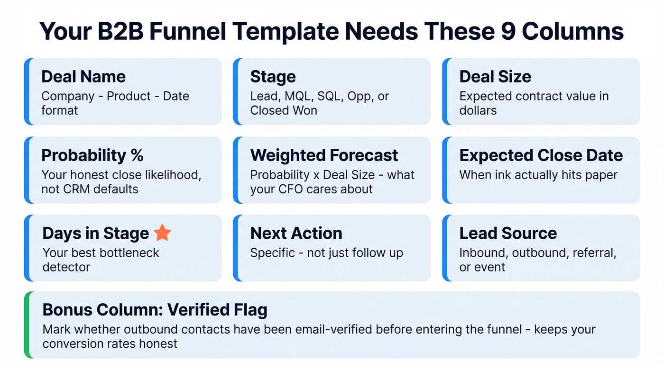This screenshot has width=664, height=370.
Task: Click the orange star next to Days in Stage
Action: (162, 233)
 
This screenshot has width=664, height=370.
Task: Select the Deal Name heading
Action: (83, 77)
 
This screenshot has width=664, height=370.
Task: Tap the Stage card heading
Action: (273, 77)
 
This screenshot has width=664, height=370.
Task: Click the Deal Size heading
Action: (495, 77)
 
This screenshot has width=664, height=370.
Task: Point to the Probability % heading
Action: (92, 155)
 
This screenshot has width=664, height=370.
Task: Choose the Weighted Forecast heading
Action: (324, 155)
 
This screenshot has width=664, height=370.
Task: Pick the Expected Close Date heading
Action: (541, 155)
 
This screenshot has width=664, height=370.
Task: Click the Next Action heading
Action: (296, 233)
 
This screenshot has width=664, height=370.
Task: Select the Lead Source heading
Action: (507, 233)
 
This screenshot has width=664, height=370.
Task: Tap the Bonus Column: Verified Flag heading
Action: (155, 310)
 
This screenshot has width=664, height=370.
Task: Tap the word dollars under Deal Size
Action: (478, 110)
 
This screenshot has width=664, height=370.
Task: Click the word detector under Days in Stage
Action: (66, 267)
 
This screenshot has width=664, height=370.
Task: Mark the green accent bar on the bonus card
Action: (27, 325)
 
